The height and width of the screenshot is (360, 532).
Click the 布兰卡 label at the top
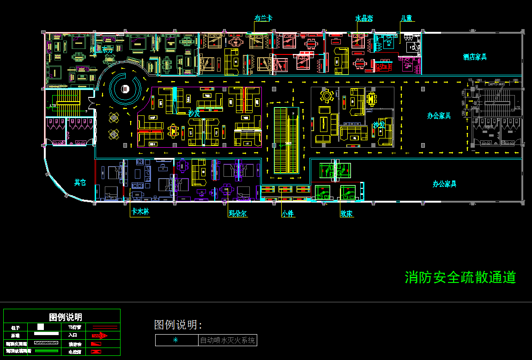(x=263, y=18)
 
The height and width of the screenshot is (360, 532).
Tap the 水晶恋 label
(x=364, y=18)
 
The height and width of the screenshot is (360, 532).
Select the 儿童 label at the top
(x=406, y=18)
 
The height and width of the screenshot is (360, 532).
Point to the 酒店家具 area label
(x=475, y=57)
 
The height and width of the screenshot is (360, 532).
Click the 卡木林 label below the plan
(x=140, y=212)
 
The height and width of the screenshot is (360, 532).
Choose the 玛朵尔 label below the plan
(x=237, y=214)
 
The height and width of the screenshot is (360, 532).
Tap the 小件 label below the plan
(x=288, y=214)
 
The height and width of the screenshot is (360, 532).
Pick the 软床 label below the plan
(x=347, y=214)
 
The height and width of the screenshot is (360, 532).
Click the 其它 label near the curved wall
(x=80, y=182)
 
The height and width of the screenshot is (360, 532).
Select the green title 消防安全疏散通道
(x=460, y=277)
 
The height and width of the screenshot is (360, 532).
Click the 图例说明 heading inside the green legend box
(x=66, y=317)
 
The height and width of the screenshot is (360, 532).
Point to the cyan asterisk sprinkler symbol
(x=175, y=341)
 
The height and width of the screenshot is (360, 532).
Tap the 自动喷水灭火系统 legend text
(x=227, y=341)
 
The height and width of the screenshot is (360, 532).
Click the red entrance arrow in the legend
(x=99, y=336)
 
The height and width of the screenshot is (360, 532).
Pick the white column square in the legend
(x=41, y=327)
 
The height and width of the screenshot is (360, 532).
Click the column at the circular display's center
(x=124, y=89)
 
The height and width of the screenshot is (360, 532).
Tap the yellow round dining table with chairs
(x=327, y=96)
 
